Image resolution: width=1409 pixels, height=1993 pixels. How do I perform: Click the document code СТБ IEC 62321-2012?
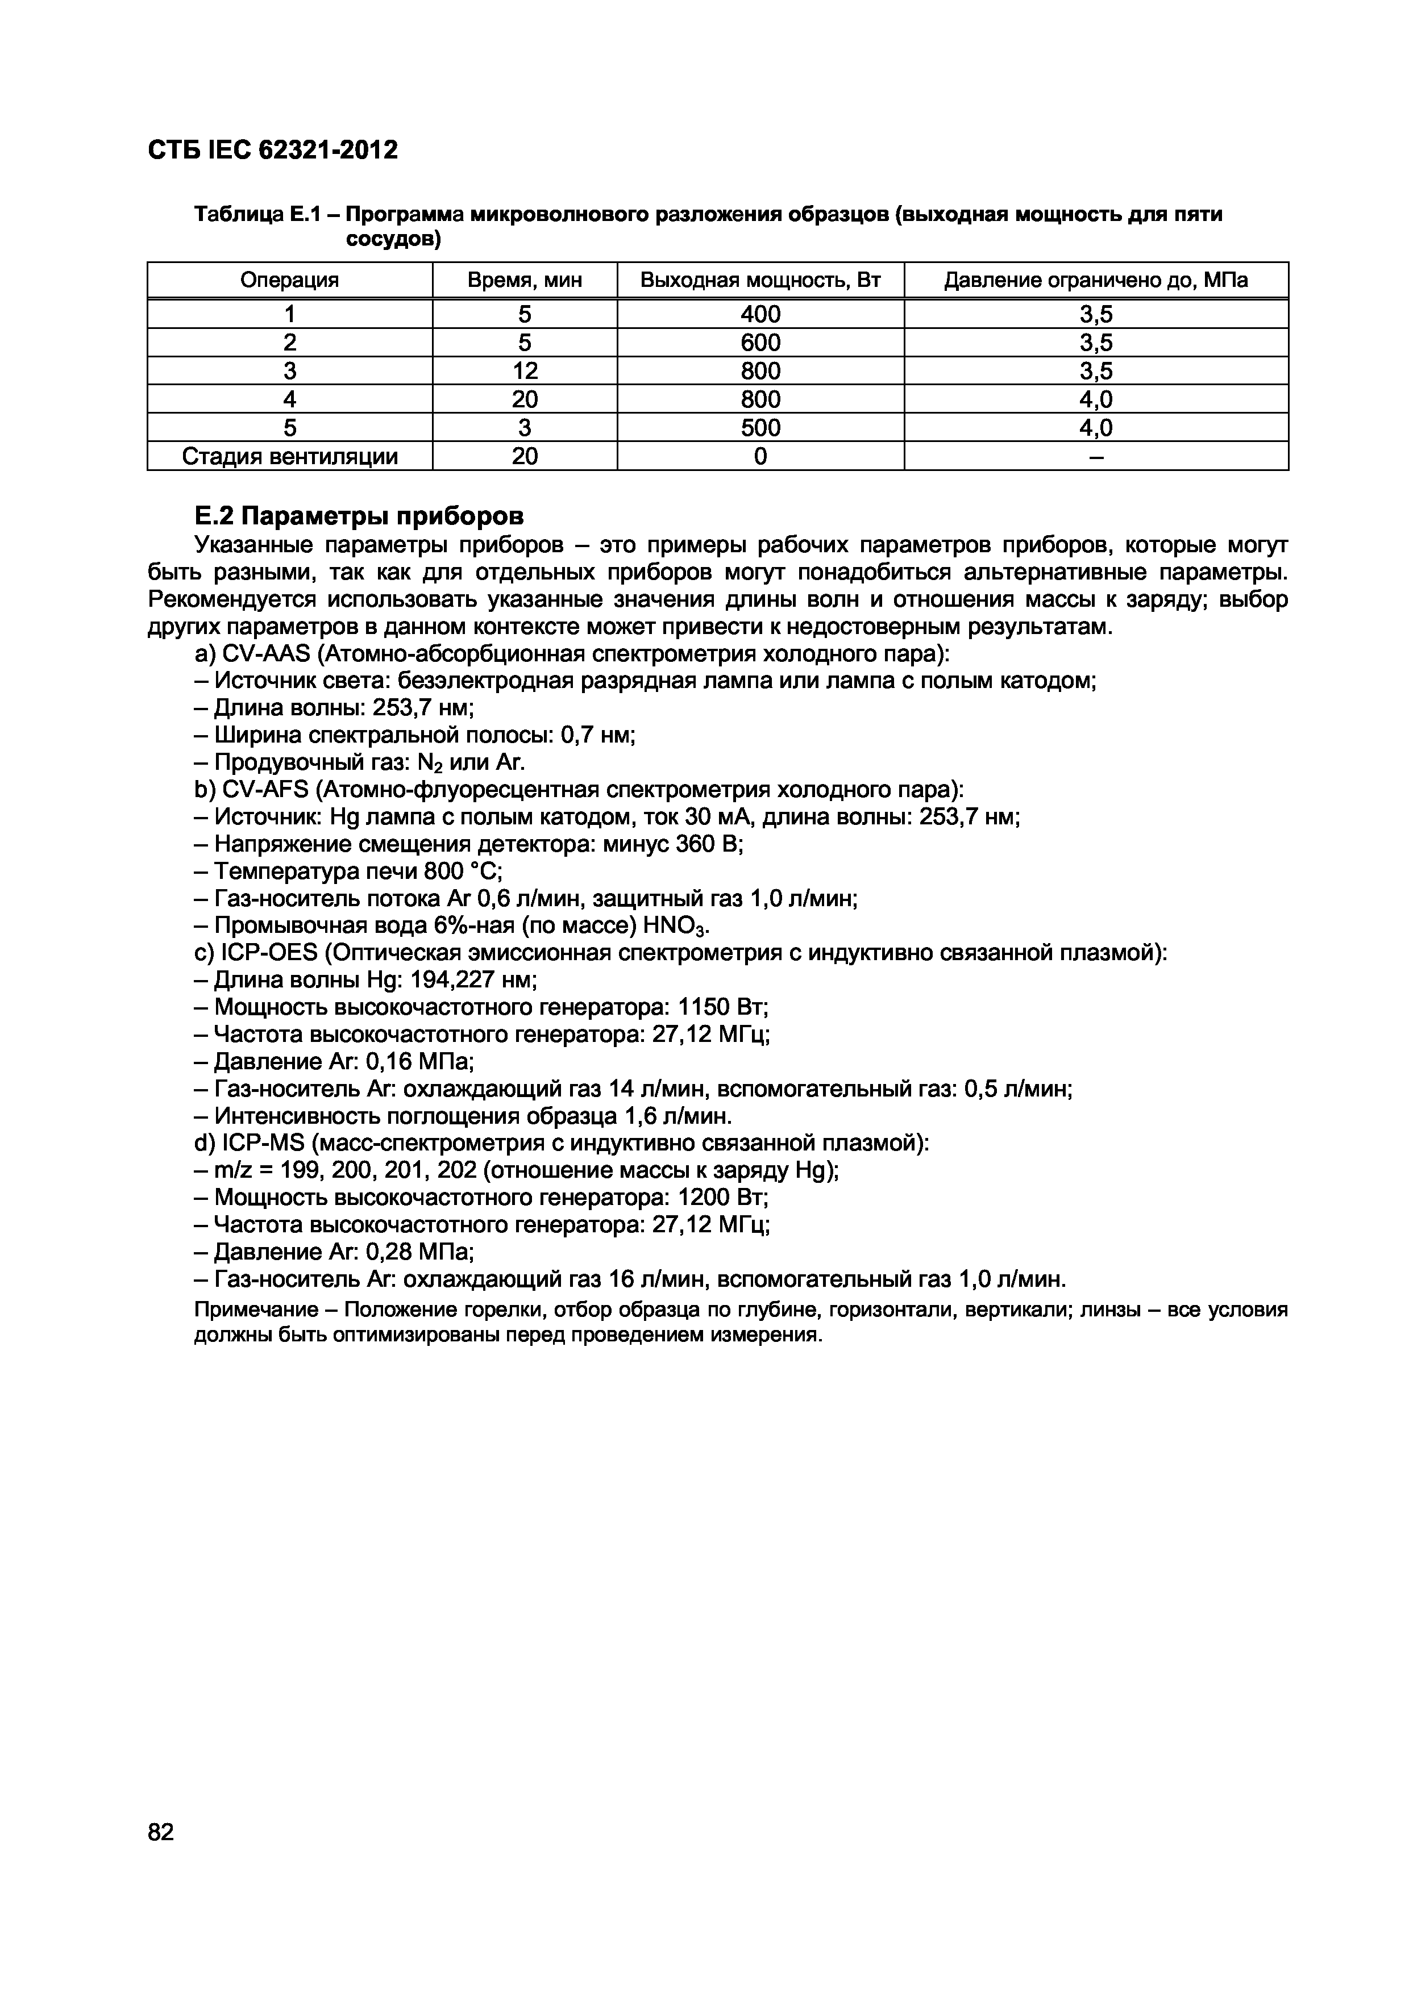(x=273, y=150)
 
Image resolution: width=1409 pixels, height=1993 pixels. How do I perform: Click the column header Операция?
(x=289, y=281)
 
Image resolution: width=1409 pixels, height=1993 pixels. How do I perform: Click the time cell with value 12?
(x=525, y=370)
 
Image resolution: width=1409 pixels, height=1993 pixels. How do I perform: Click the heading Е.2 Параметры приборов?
(x=359, y=516)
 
